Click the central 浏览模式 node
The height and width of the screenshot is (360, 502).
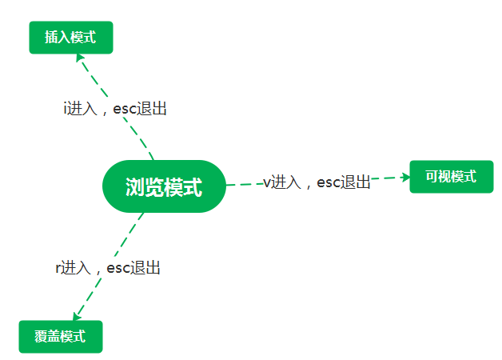click(x=164, y=187)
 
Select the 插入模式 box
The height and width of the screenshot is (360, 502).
click(x=71, y=38)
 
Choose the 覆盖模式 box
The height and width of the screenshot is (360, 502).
click(x=61, y=336)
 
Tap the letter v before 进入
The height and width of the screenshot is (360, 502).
click(x=267, y=183)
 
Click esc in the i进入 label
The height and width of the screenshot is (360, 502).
click(x=125, y=109)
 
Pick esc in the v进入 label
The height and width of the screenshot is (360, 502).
click(x=329, y=183)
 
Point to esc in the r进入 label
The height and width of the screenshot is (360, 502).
click(x=118, y=269)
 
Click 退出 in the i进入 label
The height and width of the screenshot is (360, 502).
click(x=153, y=109)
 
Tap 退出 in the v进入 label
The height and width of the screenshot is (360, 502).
click(x=357, y=183)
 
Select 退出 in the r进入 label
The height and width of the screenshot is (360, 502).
click(x=146, y=269)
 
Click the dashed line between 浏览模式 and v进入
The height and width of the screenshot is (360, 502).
click(x=243, y=185)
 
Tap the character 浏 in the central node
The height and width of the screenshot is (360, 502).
click(x=134, y=188)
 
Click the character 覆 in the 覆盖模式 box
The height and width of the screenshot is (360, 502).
click(x=42, y=336)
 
